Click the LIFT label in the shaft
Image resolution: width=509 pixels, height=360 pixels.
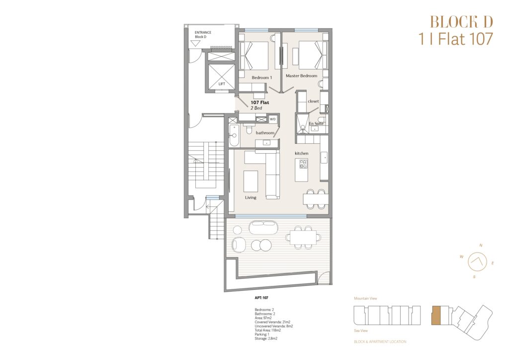tap(222, 84)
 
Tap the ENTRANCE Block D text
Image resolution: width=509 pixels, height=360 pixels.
tap(203, 35)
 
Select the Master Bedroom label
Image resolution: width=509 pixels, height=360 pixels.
tap(301, 76)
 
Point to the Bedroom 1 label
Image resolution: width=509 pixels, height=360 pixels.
tap(261, 78)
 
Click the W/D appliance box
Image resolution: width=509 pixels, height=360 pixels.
tap(273, 119)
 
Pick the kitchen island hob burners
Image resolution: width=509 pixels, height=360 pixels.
tap(303, 164)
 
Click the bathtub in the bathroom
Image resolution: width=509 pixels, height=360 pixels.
tap(234, 135)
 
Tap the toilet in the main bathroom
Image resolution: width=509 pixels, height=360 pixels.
tap(249, 129)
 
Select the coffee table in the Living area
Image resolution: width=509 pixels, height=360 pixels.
tap(251, 181)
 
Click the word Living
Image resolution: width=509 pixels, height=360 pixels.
tap(251, 197)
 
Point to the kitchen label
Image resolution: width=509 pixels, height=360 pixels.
tap(302, 153)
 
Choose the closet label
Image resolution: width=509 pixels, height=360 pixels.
tap(313, 101)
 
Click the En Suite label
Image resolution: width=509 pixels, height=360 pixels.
tap(316, 124)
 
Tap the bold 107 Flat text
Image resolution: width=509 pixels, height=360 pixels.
tap(259, 102)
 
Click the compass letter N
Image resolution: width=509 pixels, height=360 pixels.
tap(481, 246)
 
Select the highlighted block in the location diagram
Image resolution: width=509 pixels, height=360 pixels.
tap(436, 315)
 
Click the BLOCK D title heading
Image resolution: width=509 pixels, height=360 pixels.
tap(461, 22)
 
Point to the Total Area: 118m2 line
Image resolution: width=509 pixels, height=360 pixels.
tap(268, 330)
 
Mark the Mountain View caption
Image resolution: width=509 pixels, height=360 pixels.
tap(365, 298)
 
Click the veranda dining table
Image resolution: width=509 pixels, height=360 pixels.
tap(303, 237)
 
